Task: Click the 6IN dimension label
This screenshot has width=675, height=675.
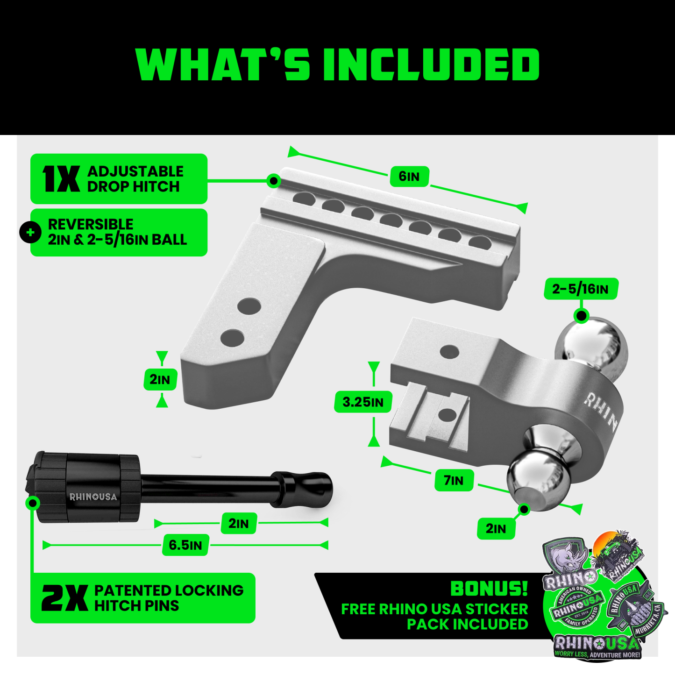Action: tap(409, 177)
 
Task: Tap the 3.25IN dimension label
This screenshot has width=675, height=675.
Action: tap(363, 402)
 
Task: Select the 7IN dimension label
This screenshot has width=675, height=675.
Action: tap(454, 481)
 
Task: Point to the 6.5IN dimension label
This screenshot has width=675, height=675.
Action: tap(185, 545)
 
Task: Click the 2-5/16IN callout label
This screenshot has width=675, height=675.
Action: tap(581, 289)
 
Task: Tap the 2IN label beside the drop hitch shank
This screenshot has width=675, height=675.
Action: tap(160, 379)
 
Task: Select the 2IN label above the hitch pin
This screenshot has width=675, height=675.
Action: tap(239, 523)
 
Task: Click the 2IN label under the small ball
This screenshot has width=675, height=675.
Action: tap(496, 529)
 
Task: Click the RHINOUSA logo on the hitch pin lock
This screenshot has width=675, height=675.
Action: tap(93, 497)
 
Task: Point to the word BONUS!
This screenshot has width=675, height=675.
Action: tap(489, 589)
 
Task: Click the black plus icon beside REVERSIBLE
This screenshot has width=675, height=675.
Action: tap(30, 232)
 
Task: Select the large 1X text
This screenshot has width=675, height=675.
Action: tap(61, 179)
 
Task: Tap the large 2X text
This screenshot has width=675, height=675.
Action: tap(64, 598)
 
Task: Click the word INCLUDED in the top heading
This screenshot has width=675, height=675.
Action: tap(431, 64)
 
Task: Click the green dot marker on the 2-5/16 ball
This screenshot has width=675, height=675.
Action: tap(581, 316)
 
